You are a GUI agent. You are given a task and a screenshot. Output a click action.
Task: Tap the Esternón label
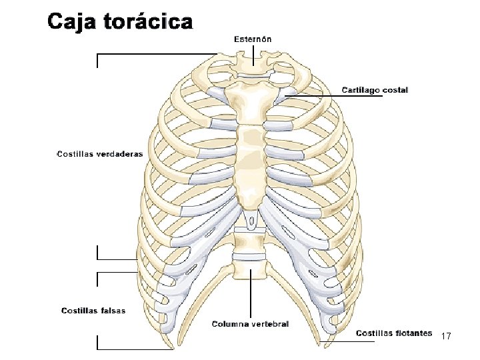tap(252, 39)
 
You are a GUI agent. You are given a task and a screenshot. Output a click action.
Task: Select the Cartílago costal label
tap(375, 89)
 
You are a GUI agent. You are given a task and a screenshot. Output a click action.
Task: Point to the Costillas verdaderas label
tap(99, 154)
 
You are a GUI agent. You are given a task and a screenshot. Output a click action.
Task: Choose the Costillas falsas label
tap(93, 310)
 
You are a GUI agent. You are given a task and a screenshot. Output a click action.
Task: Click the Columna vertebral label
tap(250, 324)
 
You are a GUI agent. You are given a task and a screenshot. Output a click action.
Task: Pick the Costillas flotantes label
tap(393, 333)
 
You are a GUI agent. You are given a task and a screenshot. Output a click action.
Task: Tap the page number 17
tap(447, 337)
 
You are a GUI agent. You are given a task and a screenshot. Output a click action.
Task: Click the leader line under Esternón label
tap(253, 55)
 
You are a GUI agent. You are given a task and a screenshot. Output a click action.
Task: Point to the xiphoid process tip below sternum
tap(250, 221)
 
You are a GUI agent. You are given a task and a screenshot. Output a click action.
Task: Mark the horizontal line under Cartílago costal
tap(333, 96)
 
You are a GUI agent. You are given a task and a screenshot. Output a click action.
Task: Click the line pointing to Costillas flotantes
tap(340, 342)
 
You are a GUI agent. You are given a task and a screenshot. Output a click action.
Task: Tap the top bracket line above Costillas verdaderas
tap(157, 54)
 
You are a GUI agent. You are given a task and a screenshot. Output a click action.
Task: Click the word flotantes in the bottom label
tap(413, 333)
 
